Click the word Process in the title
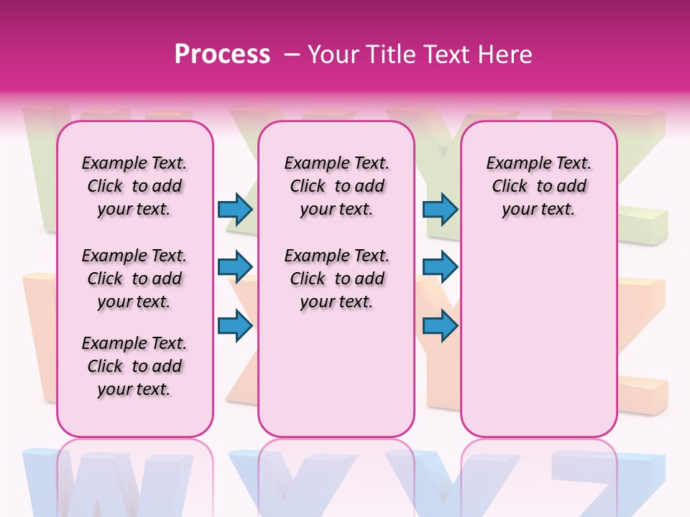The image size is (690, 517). coord(222,55)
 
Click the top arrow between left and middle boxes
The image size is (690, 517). coord(235,210)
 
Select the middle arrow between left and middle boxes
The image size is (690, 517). coord(235,268)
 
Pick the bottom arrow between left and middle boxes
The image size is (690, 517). coord(235,326)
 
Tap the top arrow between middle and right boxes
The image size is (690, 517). coord(440,210)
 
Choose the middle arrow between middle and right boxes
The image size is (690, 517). coord(440,268)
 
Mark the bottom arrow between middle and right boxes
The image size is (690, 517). coord(440,326)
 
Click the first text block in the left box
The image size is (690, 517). coord(134,186)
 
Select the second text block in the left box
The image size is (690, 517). coord(134,279)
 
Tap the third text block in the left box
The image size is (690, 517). coord(134,366)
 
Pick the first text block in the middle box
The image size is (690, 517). coord(336,186)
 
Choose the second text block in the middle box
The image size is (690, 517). coord(336,279)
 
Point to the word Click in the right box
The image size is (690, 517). coord(510,187)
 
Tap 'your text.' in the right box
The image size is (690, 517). coord(538,210)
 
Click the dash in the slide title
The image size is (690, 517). coord(292,55)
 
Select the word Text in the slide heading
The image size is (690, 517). coord(445,55)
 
